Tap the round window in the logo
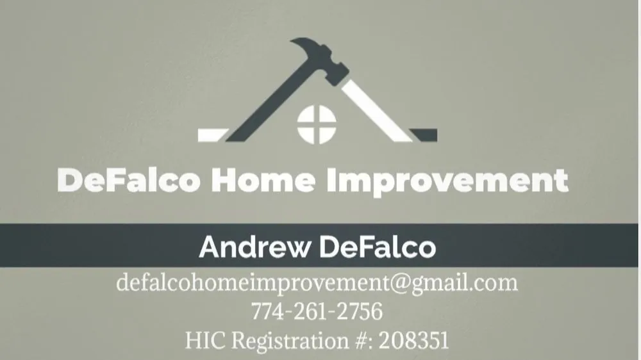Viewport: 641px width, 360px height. point(317,124)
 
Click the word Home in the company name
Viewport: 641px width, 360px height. point(263,181)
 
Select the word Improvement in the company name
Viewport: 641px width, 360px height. point(447,181)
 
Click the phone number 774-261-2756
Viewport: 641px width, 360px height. point(317,312)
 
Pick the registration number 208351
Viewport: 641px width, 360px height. point(414,340)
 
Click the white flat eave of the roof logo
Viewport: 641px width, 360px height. point(212,135)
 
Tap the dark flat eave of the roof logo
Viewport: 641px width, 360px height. point(424,135)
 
